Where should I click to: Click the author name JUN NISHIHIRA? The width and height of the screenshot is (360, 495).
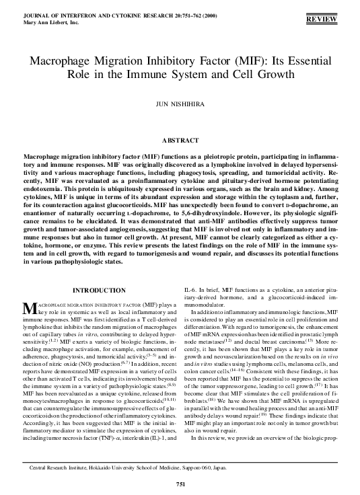[x=180, y=104]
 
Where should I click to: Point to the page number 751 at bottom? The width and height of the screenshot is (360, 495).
[x=180, y=486]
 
